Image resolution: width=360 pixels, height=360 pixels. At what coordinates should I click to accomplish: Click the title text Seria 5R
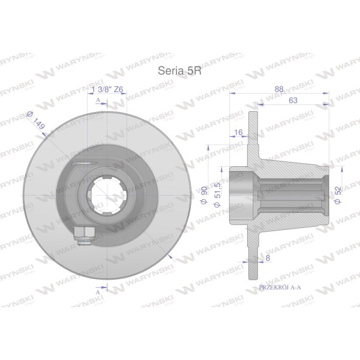click(x=179, y=71)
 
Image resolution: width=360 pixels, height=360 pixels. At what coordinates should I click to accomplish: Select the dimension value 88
click(x=279, y=89)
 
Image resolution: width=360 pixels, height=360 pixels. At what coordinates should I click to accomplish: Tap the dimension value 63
click(x=293, y=100)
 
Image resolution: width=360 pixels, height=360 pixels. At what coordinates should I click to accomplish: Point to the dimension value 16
click(x=239, y=132)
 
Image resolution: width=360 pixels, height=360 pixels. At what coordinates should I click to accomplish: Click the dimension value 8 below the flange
click(x=268, y=258)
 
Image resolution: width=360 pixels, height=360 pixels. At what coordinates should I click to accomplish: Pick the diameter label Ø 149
click(x=35, y=120)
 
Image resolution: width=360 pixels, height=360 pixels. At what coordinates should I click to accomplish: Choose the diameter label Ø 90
click(x=204, y=195)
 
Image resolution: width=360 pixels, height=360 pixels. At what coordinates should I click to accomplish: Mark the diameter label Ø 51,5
click(x=217, y=195)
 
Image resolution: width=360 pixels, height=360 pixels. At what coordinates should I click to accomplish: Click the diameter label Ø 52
click(x=338, y=195)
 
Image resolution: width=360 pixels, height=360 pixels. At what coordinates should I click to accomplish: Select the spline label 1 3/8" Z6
click(x=107, y=89)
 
